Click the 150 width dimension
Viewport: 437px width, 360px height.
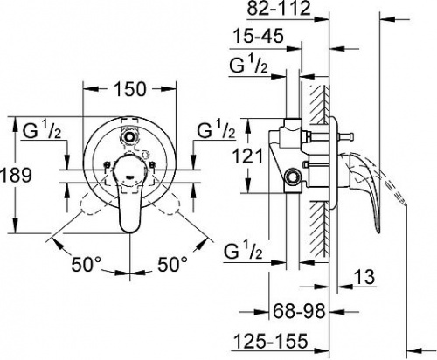129,89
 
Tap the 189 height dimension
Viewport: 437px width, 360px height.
16,176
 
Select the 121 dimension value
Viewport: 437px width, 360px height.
248,156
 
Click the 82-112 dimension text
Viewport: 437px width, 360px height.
279,9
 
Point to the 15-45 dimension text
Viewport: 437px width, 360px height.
258,37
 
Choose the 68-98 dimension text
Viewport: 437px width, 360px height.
299,311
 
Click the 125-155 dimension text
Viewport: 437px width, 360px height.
271,341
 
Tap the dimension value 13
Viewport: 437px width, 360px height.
364,277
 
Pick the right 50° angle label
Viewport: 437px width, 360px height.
172,264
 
